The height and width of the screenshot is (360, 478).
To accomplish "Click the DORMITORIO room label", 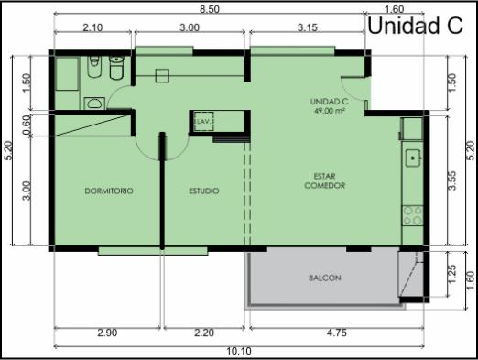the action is [109, 191].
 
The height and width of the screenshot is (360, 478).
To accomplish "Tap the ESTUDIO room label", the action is [204, 191].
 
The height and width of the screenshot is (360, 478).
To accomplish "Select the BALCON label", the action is [325, 278].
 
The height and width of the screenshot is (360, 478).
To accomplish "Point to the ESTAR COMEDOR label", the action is [325, 180].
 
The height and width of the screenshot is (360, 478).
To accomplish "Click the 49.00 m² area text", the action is [330, 111].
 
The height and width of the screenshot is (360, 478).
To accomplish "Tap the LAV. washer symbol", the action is [203, 122].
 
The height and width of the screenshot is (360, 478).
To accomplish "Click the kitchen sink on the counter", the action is [413, 158].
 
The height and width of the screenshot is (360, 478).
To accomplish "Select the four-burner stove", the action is [413, 215].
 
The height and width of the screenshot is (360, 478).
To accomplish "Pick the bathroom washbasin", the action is [94, 104].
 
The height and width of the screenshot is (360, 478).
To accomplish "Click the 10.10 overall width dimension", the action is [239, 351].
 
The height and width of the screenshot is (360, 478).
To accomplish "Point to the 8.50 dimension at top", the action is [210, 9].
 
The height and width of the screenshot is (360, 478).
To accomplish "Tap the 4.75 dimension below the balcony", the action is [337, 333].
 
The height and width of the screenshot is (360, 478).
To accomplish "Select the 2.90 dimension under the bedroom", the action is [107, 333].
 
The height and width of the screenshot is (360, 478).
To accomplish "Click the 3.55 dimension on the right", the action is [452, 180].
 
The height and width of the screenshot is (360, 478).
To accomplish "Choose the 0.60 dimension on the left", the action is [27, 125].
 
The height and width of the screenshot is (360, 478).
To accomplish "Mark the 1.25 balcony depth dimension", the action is [452, 274].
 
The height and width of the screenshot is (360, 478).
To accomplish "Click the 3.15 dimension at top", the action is [308, 27].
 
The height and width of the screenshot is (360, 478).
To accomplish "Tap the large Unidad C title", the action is [416, 26].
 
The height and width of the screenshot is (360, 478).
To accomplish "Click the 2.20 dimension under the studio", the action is [204, 333].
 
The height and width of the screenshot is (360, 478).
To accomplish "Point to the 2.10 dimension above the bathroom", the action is [92, 27].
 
